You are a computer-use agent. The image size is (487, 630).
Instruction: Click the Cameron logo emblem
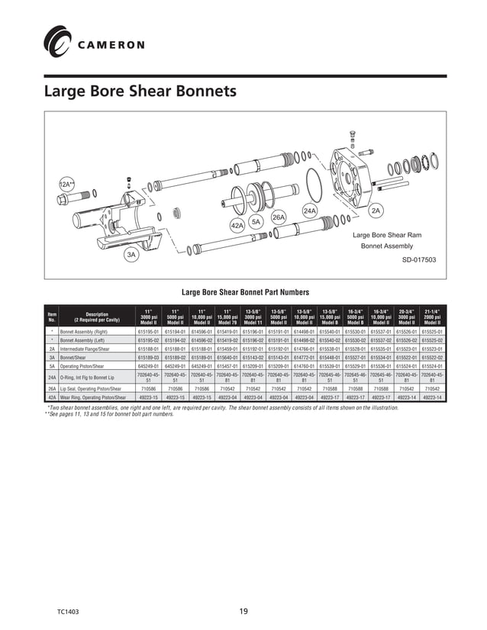coord(57,41)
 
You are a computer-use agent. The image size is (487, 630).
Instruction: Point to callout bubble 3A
coord(131,256)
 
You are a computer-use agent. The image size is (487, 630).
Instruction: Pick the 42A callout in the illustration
coord(237,226)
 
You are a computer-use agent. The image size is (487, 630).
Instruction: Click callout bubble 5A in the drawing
coord(256,221)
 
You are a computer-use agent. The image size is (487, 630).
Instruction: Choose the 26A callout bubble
coord(279,217)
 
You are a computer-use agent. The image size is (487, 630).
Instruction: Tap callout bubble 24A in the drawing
coord(310,210)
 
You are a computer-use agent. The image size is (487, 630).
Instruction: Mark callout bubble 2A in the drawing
coord(376,210)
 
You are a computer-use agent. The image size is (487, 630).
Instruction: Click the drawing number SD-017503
coord(419,259)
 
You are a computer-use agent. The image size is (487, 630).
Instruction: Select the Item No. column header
coord(52,317)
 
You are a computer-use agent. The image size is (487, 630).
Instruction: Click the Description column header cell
coord(97,317)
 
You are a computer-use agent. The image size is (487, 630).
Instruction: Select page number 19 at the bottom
coord(243,611)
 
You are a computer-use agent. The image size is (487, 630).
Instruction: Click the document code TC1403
coord(68,612)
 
